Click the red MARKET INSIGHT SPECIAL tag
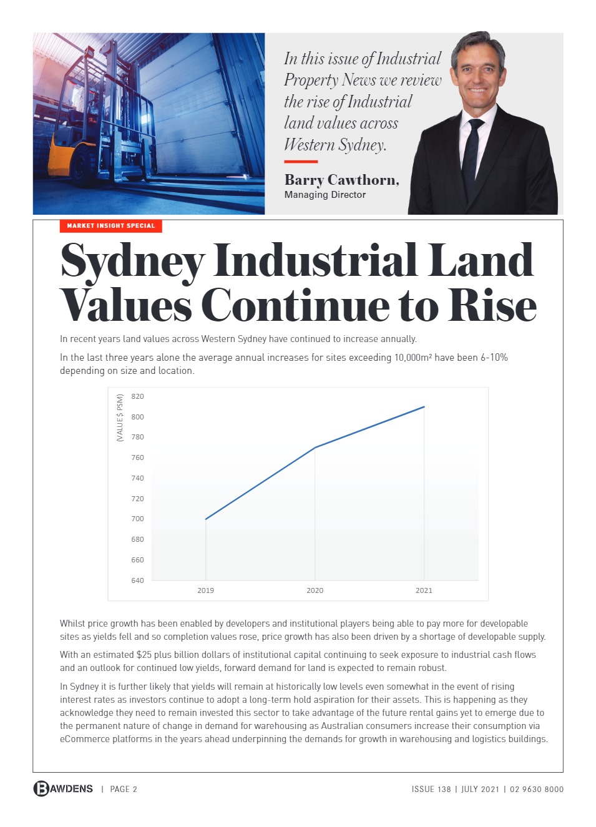tap(110, 226)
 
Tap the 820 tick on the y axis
tap(137, 396)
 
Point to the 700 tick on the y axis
tap(137, 519)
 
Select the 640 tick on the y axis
tap(137, 580)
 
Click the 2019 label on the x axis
tap(205, 590)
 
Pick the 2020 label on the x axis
tap(315, 590)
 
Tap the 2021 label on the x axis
tap(424, 590)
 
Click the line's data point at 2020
tap(315, 448)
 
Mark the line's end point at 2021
tap(424, 407)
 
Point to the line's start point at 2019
tap(206, 519)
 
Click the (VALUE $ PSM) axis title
tap(120, 418)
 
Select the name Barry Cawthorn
tap(341, 180)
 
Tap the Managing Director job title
tap(325, 195)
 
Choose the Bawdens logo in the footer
tap(63, 788)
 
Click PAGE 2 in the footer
tap(124, 789)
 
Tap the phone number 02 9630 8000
tap(536, 789)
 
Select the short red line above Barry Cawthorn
tap(301, 162)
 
